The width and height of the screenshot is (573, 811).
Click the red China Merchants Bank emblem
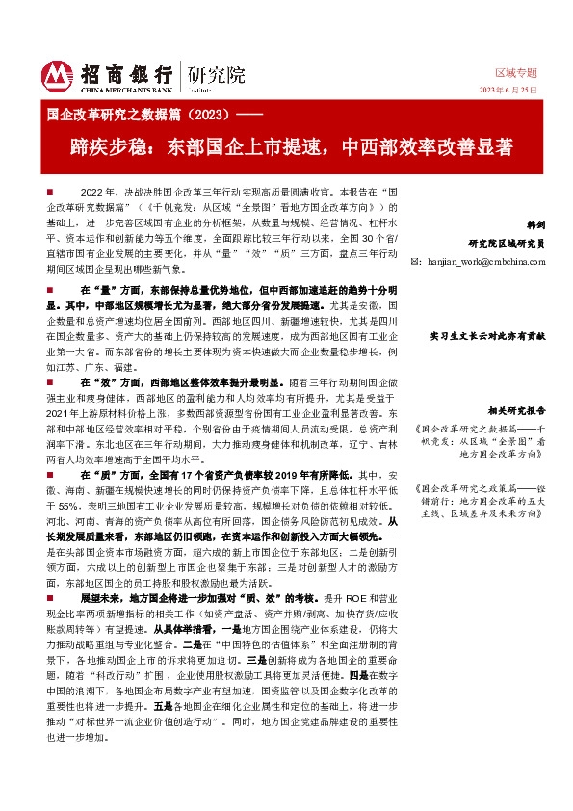point(59,74)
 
